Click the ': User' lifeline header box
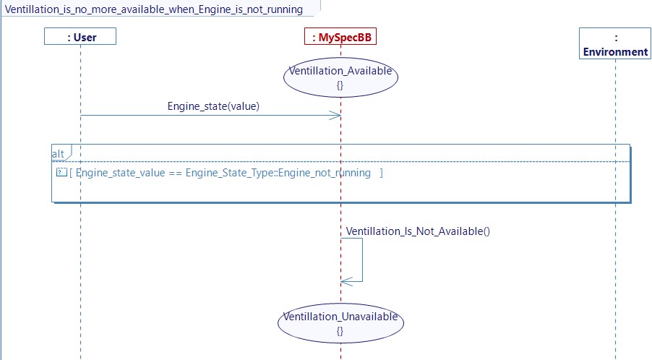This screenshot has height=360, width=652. click(80, 37)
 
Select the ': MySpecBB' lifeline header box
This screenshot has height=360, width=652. click(340, 37)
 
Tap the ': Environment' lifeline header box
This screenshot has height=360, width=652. click(615, 44)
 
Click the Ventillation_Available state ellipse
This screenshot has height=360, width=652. click(340, 77)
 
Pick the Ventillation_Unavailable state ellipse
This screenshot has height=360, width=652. click(340, 323)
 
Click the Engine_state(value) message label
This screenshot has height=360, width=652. click(213, 106)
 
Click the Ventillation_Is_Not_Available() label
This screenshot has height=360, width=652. click(418, 231)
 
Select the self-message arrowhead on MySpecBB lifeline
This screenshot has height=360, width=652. click(346, 281)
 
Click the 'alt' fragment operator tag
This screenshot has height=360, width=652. click(59, 154)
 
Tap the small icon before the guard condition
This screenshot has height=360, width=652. click(61, 173)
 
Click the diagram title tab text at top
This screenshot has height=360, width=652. click(154, 9)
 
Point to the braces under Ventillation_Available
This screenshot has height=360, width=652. click(340, 85)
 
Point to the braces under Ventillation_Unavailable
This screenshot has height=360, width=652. click(340, 331)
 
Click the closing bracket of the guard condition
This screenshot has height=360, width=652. click(382, 173)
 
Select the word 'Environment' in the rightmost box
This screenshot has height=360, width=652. click(615, 51)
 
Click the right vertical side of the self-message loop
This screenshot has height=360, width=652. click(362, 260)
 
